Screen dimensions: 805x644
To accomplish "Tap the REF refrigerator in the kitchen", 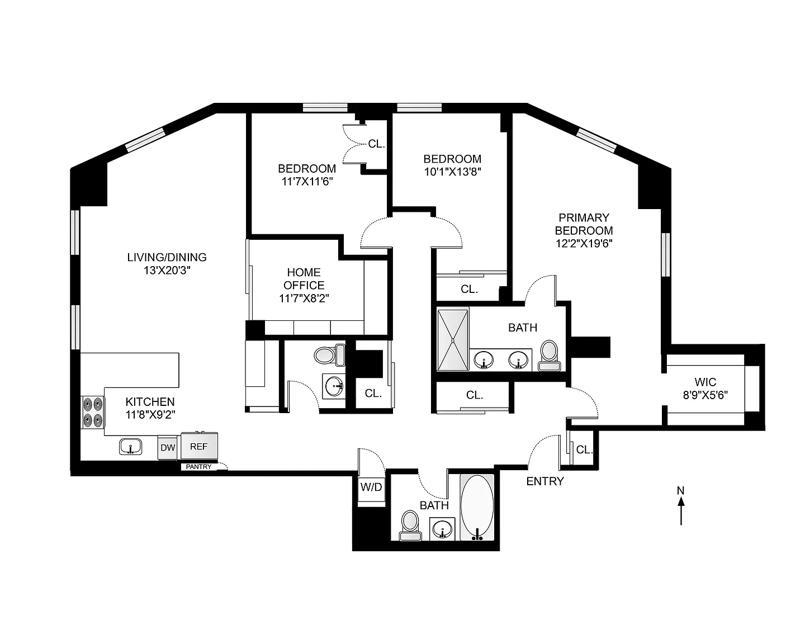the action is tap(199, 446).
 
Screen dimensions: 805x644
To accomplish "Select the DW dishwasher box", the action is tap(168, 447).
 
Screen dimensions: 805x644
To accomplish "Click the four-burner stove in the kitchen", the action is tap(93, 412).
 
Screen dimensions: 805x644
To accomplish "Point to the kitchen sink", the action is tap(131, 447).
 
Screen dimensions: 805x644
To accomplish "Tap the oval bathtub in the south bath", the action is tap(477, 508).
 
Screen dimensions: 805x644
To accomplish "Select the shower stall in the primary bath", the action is tap(453, 339).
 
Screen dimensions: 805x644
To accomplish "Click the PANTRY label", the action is tap(198, 467).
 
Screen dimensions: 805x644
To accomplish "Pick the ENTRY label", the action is tap(545, 481).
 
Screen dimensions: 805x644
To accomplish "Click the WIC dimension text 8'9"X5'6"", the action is tap(705, 395).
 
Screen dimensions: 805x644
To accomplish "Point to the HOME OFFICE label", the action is tap(304, 279).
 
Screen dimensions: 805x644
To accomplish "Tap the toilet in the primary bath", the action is tap(549, 356).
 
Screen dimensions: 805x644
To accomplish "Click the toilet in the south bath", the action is tap(410, 525).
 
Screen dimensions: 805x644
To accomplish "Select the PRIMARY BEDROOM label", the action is tap(584, 224).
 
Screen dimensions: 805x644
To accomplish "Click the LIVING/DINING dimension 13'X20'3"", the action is tap(167, 270).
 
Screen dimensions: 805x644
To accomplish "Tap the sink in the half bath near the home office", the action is tap(334, 386).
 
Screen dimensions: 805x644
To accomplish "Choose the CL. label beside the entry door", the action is tap(584, 450).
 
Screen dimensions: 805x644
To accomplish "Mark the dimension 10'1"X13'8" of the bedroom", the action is tap(452, 172).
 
